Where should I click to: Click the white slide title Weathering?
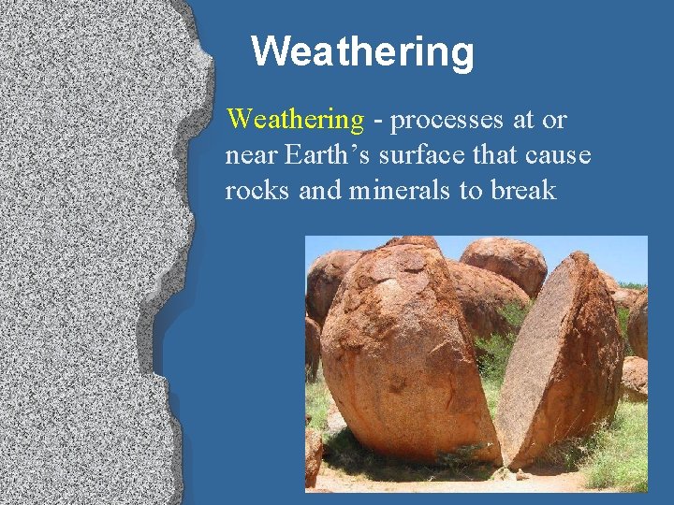pyautogui.click(x=362, y=51)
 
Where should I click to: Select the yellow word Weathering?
pyautogui.click(x=295, y=120)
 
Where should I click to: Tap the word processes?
pyautogui.click(x=447, y=120)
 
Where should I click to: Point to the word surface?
pyautogui.click(x=418, y=155)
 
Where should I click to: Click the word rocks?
pyautogui.click(x=258, y=191)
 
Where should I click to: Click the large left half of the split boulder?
pyautogui.click(x=403, y=355)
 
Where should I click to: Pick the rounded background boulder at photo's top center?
pyautogui.click(x=504, y=262)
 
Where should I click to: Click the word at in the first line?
pyautogui.click(x=523, y=120)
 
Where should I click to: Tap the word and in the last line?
pyautogui.click(x=318, y=191)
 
